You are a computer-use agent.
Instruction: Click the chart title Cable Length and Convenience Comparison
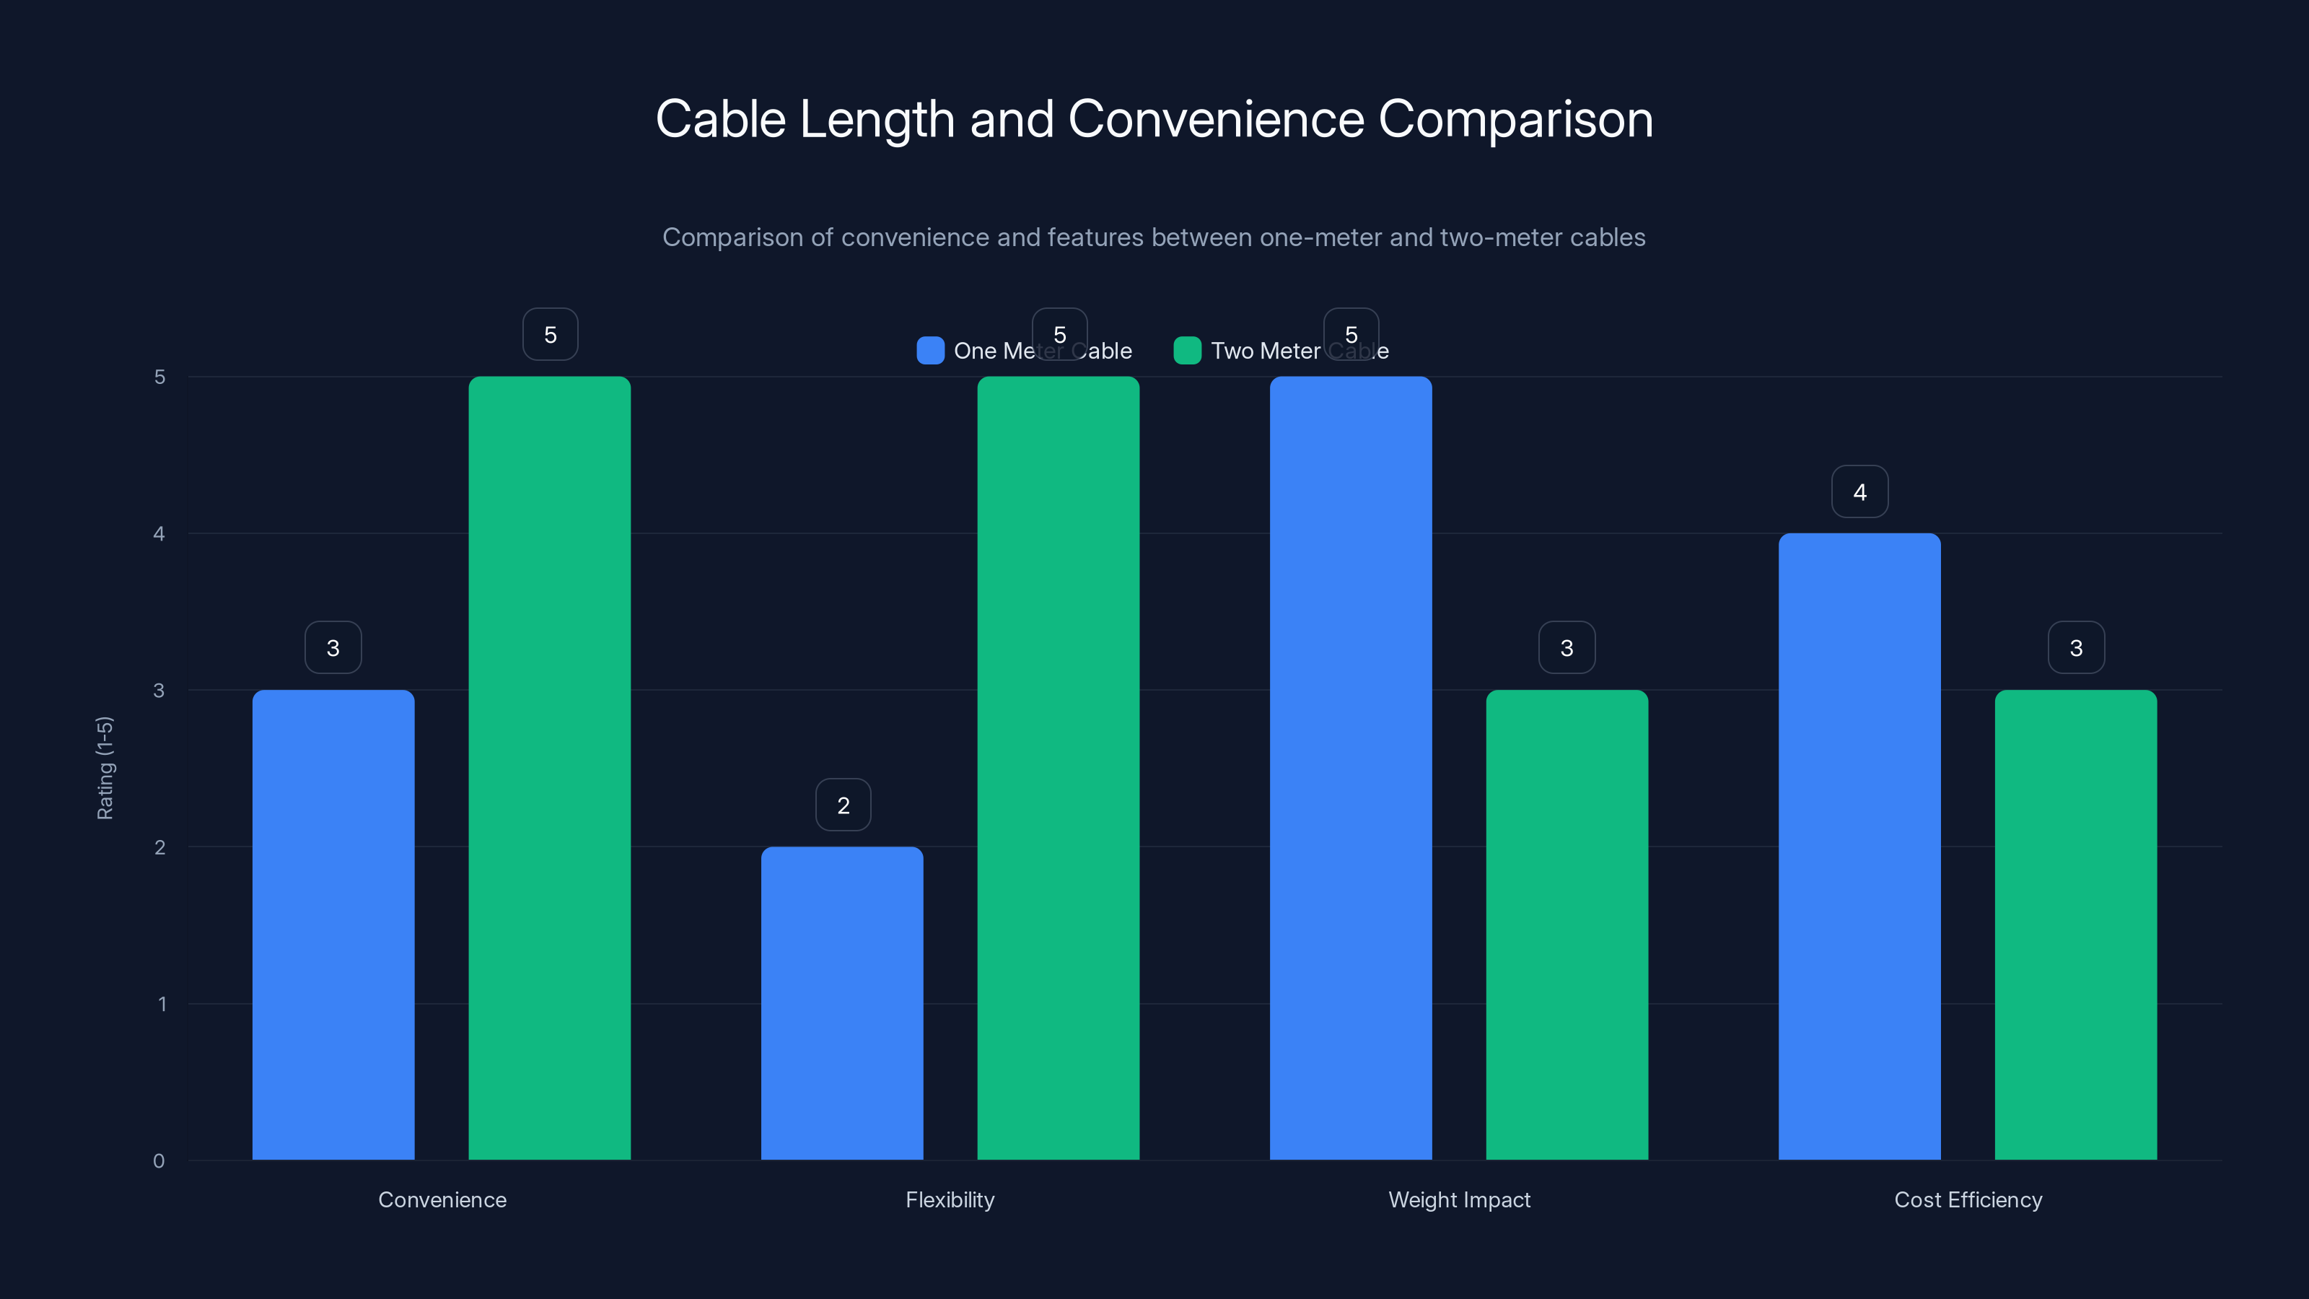[x=1154, y=119]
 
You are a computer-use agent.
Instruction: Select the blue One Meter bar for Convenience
[x=333, y=924]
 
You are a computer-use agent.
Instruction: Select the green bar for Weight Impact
[x=1566, y=924]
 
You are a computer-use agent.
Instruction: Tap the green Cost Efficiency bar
[x=2075, y=924]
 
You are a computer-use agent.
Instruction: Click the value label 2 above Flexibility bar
[x=843, y=805]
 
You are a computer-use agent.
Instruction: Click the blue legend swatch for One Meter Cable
[x=930, y=351]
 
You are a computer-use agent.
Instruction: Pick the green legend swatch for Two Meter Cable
[x=1187, y=351]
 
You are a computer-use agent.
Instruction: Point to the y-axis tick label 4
[x=159, y=534]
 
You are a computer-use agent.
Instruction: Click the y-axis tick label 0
[x=159, y=1161]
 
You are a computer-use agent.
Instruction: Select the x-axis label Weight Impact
[x=1458, y=1199]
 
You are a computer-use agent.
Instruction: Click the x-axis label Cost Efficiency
[x=1968, y=1199]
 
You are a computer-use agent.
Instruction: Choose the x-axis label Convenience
[x=442, y=1199]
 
